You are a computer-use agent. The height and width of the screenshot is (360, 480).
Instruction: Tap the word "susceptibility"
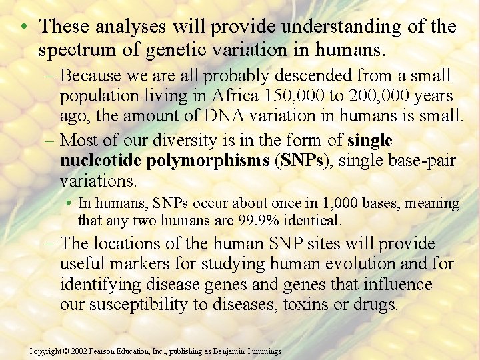[133, 305]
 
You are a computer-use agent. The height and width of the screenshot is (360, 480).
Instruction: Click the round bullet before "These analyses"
[23, 27]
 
